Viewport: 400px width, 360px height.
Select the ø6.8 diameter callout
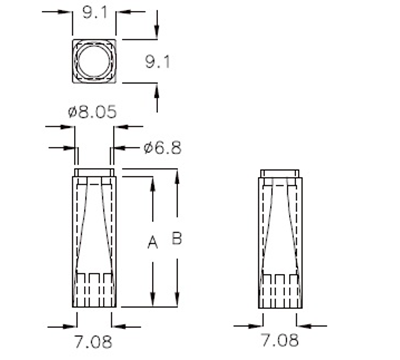(x=161, y=148)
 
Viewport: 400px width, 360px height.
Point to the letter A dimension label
(x=152, y=241)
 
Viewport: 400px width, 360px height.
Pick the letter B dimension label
(x=177, y=239)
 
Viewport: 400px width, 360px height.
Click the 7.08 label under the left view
(x=95, y=341)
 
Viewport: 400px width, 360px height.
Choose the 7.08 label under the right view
(x=279, y=341)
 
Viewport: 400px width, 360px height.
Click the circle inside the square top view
(x=94, y=61)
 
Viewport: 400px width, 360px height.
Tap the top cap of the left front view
(x=94, y=178)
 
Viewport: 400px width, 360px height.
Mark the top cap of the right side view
(x=278, y=178)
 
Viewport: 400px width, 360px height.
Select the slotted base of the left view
(x=94, y=290)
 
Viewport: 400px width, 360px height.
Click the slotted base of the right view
(x=278, y=290)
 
